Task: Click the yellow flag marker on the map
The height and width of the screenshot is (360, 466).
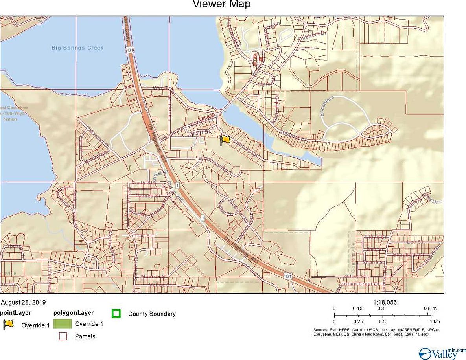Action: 225,140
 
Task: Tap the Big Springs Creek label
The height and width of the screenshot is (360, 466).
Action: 77,48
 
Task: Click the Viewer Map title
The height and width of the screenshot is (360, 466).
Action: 221,5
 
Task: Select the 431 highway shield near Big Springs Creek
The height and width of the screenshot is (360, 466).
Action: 129,50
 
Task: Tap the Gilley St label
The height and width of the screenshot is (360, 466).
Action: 352,276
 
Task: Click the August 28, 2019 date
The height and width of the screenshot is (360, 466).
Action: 24,303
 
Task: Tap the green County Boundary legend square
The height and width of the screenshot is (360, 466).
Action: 116,314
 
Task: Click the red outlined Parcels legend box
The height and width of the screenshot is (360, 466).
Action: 63,336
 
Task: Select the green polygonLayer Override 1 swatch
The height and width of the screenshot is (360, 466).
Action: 63,324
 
